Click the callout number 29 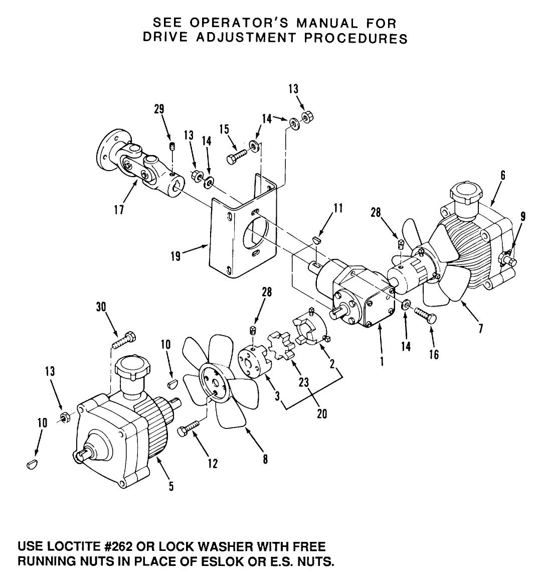(159, 110)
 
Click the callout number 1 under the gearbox (382, 361)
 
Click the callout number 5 (171, 486)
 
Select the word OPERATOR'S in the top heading (235, 23)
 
